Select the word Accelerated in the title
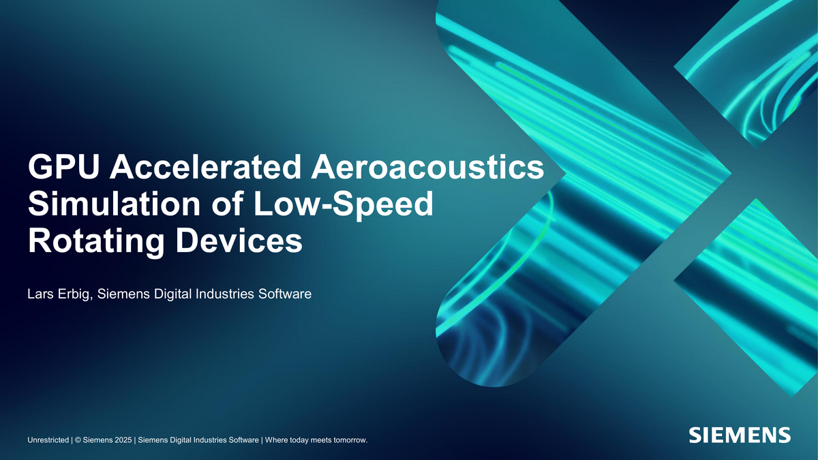click(206, 167)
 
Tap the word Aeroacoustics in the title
click(427, 167)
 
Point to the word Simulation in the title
click(114, 204)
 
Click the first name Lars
click(40, 294)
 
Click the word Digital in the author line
click(172, 294)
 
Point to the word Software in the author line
click(285, 294)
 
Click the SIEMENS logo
click(740, 435)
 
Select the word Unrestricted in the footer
click(48, 440)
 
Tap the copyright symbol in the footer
click(78, 440)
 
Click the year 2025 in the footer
click(123, 440)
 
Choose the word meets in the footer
click(316, 440)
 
